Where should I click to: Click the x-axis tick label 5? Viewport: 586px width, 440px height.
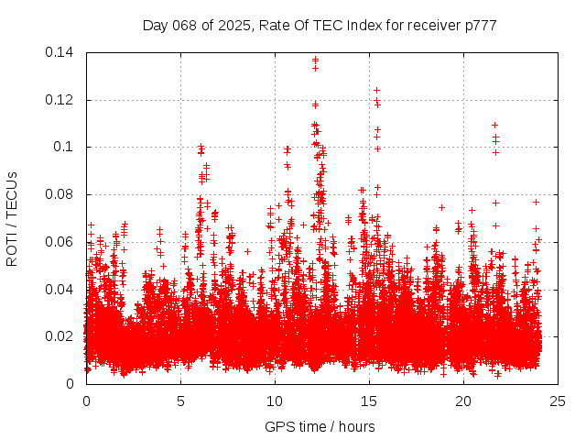pyautogui.click(x=180, y=401)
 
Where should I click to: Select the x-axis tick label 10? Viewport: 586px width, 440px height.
pyautogui.click(x=275, y=401)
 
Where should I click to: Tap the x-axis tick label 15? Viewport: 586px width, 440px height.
pyautogui.click(x=370, y=401)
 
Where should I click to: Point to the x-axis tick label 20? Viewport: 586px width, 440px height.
pyautogui.click(x=464, y=401)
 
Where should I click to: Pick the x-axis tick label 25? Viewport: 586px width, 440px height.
pyautogui.click(x=559, y=401)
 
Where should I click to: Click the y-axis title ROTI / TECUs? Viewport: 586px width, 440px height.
pyautogui.click(x=12, y=218)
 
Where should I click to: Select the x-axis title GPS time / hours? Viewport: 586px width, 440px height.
pyautogui.click(x=321, y=426)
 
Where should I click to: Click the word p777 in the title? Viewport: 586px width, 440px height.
pyautogui.click(x=482, y=26)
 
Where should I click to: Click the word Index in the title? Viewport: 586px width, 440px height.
pyautogui.click(x=346, y=26)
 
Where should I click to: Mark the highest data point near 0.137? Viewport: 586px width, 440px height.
pyautogui.click(x=315, y=60)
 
